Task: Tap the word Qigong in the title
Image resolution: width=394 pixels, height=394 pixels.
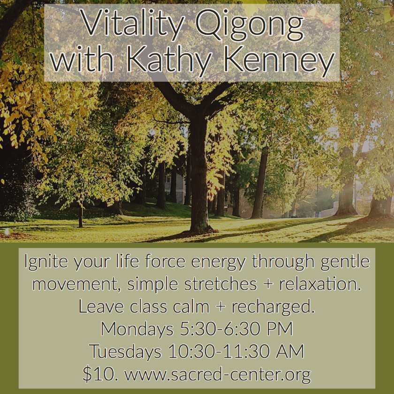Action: [250, 24]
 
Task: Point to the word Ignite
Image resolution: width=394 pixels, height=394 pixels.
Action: [46, 262]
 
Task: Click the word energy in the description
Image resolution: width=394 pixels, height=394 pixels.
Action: [218, 262]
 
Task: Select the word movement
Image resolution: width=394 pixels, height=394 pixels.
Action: [75, 284]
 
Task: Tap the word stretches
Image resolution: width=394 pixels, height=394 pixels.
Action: [220, 284]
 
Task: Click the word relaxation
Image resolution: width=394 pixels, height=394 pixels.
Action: [320, 284]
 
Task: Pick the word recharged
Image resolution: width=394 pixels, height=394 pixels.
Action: [273, 307]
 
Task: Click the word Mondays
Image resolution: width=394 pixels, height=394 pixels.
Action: [137, 329]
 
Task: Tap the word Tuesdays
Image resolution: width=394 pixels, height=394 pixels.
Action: [125, 351]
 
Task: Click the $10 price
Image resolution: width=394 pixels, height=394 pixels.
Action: [100, 374]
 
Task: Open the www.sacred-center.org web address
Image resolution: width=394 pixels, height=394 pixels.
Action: [218, 375]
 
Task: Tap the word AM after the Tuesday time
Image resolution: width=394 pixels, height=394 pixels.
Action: [290, 351]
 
